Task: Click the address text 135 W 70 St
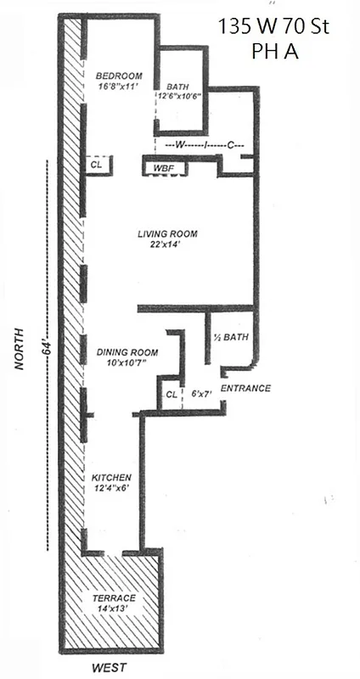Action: pyautogui.click(x=273, y=28)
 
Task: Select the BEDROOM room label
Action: pyautogui.click(x=118, y=75)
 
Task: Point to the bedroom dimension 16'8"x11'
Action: pyautogui.click(x=118, y=86)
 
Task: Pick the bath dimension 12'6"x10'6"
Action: pyautogui.click(x=177, y=96)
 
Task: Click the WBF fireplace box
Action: pyautogui.click(x=164, y=169)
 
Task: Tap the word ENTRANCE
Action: pyautogui.click(x=245, y=389)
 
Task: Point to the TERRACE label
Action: pyautogui.click(x=113, y=598)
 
